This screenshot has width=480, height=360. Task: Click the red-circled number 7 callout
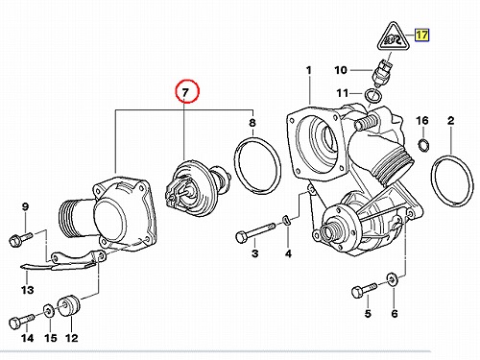coord(187,91)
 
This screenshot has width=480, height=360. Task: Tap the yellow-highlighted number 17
coord(422,35)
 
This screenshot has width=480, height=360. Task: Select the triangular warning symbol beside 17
coord(393,37)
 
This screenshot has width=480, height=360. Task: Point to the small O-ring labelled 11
coord(373,96)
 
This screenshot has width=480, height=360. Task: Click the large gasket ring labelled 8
coord(257,166)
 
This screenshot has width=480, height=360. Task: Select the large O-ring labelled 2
coord(452,180)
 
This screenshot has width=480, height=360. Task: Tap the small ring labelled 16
coord(423,145)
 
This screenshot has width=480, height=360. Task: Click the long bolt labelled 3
coord(255,232)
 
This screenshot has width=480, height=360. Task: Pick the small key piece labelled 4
coord(286,220)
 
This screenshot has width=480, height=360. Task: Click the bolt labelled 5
coord(364,289)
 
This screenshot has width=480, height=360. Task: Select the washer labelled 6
coord(393,279)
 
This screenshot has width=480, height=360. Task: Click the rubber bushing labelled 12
coord(69,305)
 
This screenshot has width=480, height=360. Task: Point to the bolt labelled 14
coord(22,321)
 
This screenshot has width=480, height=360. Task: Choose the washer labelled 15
coord(49,310)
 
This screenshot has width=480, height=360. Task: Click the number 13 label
coord(27,290)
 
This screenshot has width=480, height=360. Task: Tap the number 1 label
coord(309,70)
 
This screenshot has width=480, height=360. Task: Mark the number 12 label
coord(71,338)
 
